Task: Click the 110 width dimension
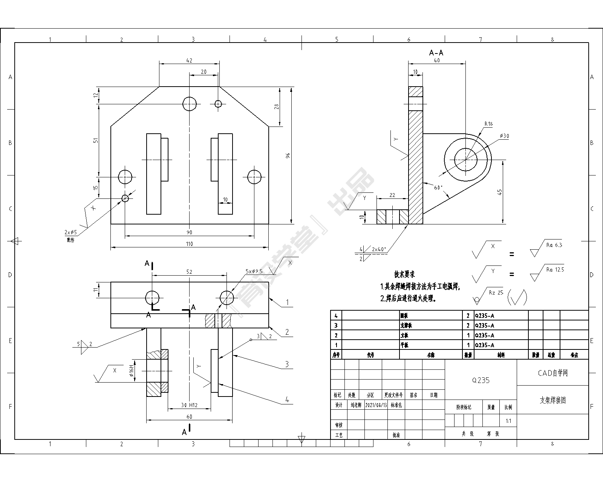189,244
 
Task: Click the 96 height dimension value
288,155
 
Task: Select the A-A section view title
436,53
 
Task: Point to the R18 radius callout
488,124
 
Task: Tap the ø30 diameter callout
504,136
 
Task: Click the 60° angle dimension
438,188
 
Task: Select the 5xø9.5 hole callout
254,271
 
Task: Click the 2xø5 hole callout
70,232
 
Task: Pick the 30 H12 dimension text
189,405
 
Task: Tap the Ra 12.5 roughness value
555,270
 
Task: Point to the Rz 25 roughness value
496,293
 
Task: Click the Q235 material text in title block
481,380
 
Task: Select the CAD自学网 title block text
552,373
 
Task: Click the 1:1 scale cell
508,421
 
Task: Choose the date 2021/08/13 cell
376,405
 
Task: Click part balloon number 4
287,400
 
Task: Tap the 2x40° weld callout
379,249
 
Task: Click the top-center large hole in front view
190,104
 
